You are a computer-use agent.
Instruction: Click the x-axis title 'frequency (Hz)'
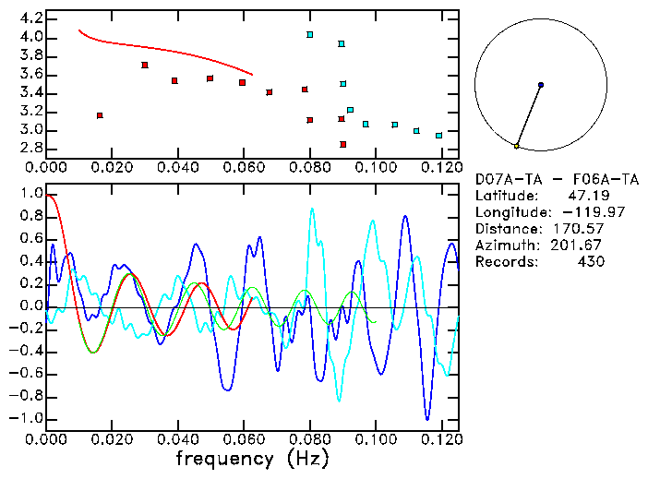pos(251,459)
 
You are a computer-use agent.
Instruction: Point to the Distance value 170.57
pos(579,229)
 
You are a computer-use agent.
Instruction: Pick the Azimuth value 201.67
pos(579,245)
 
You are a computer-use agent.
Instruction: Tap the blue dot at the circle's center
pos(541,85)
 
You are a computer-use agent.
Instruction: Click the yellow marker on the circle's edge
pos(517,146)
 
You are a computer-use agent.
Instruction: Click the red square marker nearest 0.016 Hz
pos(100,115)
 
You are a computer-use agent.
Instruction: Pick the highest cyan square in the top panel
pos(310,35)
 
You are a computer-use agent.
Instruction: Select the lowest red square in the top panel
pos(343,144)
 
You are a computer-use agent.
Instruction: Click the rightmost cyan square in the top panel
pos(438,136)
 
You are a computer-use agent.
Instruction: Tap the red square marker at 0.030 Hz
pos(145,65)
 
